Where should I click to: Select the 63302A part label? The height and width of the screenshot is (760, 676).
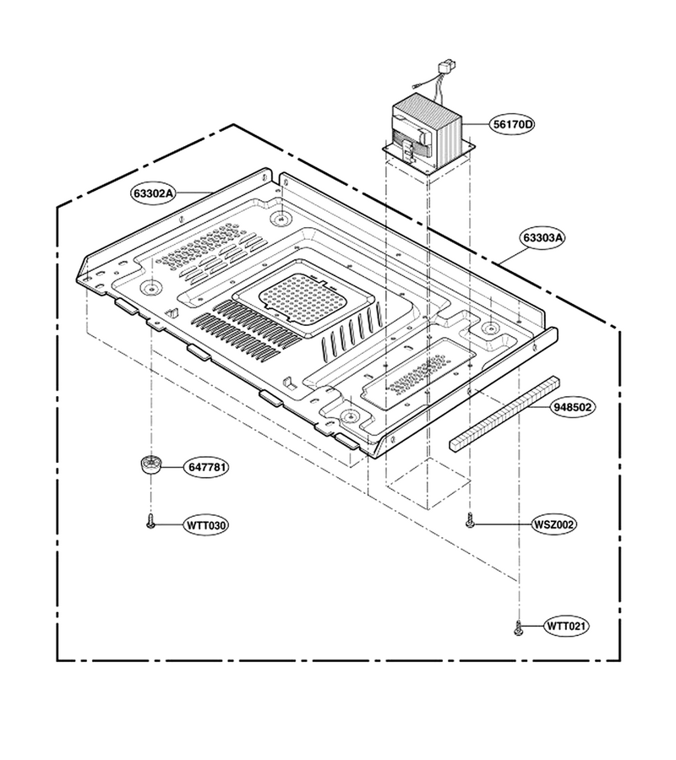(152, 193)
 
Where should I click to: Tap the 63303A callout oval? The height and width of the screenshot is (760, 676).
(543, 238)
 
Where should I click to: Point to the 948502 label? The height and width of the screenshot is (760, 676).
(573, 407)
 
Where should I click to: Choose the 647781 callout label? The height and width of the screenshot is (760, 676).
(206, 467)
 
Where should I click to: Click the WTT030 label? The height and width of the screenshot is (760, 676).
(206, 525)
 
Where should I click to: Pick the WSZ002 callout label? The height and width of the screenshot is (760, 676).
(554, 524)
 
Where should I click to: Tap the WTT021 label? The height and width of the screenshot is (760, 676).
(566, 627)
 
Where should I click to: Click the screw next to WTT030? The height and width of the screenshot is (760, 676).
(150, 522)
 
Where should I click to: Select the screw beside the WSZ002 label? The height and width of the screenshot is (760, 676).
(470, 521)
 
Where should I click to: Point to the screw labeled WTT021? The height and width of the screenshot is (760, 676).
(518, 627)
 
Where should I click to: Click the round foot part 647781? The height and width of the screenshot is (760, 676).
(150, 466)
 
